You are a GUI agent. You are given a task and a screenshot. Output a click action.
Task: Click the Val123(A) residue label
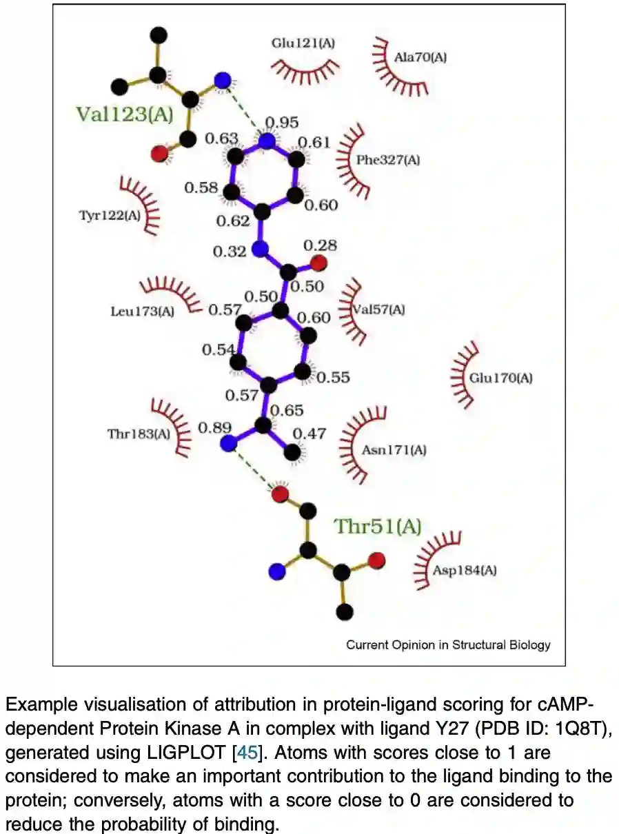(x=125, y=113)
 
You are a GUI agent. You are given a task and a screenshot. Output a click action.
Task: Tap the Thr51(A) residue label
(x=377, y=527)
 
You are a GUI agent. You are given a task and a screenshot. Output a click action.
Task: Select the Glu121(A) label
(x=303, y=43)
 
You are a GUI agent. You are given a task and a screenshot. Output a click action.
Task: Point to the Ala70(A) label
(x=420, y=58)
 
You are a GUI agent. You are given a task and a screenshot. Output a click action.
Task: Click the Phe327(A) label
(x=388, y=161)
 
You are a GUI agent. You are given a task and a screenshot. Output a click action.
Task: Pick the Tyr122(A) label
(x=110, y=216)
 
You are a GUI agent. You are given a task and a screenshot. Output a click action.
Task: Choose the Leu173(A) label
(x=143, y=312)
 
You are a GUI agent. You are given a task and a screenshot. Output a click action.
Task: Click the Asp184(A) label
(x=465, y=570)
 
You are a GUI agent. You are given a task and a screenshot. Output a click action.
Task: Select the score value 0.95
(x=282, y=123)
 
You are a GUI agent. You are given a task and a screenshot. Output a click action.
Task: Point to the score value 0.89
(x=215, y=427)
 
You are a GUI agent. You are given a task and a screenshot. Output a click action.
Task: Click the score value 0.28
(x=320, y=245)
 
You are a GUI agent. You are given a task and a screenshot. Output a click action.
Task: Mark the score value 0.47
(x=310, y=434)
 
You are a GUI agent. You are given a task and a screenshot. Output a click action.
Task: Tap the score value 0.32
(x=230, y=252)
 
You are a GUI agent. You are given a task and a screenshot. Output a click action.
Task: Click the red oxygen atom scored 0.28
(x=318, y=263)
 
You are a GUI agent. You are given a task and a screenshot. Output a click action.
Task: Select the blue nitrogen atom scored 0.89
(x=228, y=444)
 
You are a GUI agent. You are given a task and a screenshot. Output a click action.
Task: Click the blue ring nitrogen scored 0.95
(x=267, y=142)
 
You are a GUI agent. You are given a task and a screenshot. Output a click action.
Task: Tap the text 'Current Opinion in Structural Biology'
(x=448, y=645)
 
